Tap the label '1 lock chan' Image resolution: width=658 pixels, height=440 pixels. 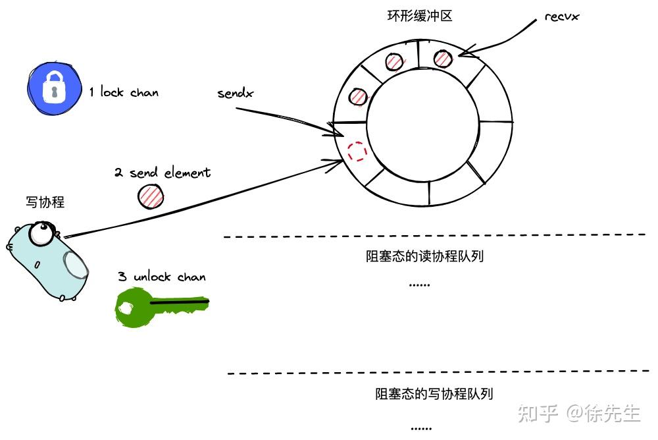click(124, 92)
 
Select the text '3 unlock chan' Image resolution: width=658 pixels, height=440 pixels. click(161, 277)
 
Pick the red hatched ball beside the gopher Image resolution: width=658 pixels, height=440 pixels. click(151, 196)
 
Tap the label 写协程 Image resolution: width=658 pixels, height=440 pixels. click(45, 202)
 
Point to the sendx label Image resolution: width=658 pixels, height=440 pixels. click(236, 93)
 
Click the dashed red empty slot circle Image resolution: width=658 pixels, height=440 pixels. click(357, 151)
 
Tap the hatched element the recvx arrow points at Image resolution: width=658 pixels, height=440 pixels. click(443, 59)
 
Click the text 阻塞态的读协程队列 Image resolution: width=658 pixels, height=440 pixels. click(424, 256)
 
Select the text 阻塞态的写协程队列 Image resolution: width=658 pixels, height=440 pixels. click(434, 394)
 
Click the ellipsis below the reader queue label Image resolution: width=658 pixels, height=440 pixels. click(419, 285)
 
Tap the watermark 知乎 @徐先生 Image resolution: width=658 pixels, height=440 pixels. click(578, 413)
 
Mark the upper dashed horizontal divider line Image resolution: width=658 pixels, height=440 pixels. click(434, 235)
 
